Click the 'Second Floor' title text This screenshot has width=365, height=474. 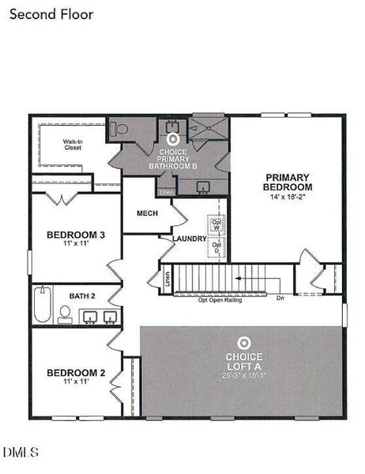(52, 14)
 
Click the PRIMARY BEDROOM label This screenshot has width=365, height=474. (288, 182)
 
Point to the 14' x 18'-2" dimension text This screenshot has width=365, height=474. (288, 197)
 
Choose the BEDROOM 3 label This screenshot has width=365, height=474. (76, 235)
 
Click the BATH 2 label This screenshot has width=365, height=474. (81, 295)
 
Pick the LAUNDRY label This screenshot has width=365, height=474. (190, 239)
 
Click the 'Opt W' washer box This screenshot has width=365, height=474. (216, 225)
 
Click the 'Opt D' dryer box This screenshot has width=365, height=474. (216, 247)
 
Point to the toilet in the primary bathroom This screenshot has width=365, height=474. (119, 129)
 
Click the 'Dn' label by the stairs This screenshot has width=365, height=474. (280, 299)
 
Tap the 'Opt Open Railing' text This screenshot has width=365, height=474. (222, 299)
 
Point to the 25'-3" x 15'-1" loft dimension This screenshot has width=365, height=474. (243, 376)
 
